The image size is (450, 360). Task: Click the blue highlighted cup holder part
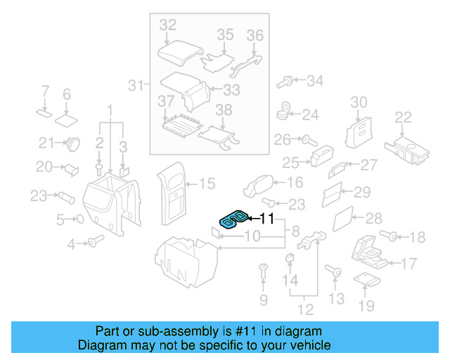pos(232,219)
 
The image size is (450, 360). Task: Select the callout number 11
pos(266,219)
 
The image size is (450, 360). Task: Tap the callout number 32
pos(167,25)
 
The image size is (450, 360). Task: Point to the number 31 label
pos(135,86)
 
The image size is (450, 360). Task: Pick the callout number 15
pos(207,184)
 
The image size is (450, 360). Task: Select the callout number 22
pos(403,117)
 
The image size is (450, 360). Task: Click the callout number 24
pos(310,114)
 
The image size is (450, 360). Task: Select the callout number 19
pos(366,305)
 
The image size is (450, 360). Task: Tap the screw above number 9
pos(263,269)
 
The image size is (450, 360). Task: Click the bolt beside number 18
pos(387,236)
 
